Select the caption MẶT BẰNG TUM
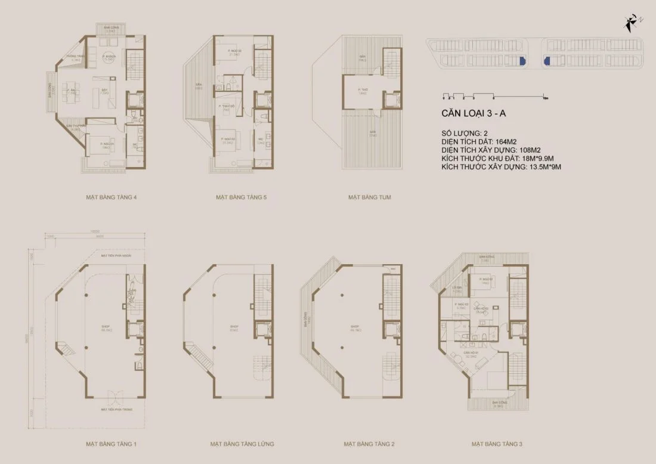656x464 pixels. click(370, 197)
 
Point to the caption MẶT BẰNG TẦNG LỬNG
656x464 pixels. click(242, 444)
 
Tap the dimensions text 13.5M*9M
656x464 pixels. click(543, 168)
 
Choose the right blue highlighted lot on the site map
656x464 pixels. click(546, 61)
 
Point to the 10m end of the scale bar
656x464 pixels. click(545, 96)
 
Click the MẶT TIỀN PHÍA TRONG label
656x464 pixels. click(116, 410)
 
